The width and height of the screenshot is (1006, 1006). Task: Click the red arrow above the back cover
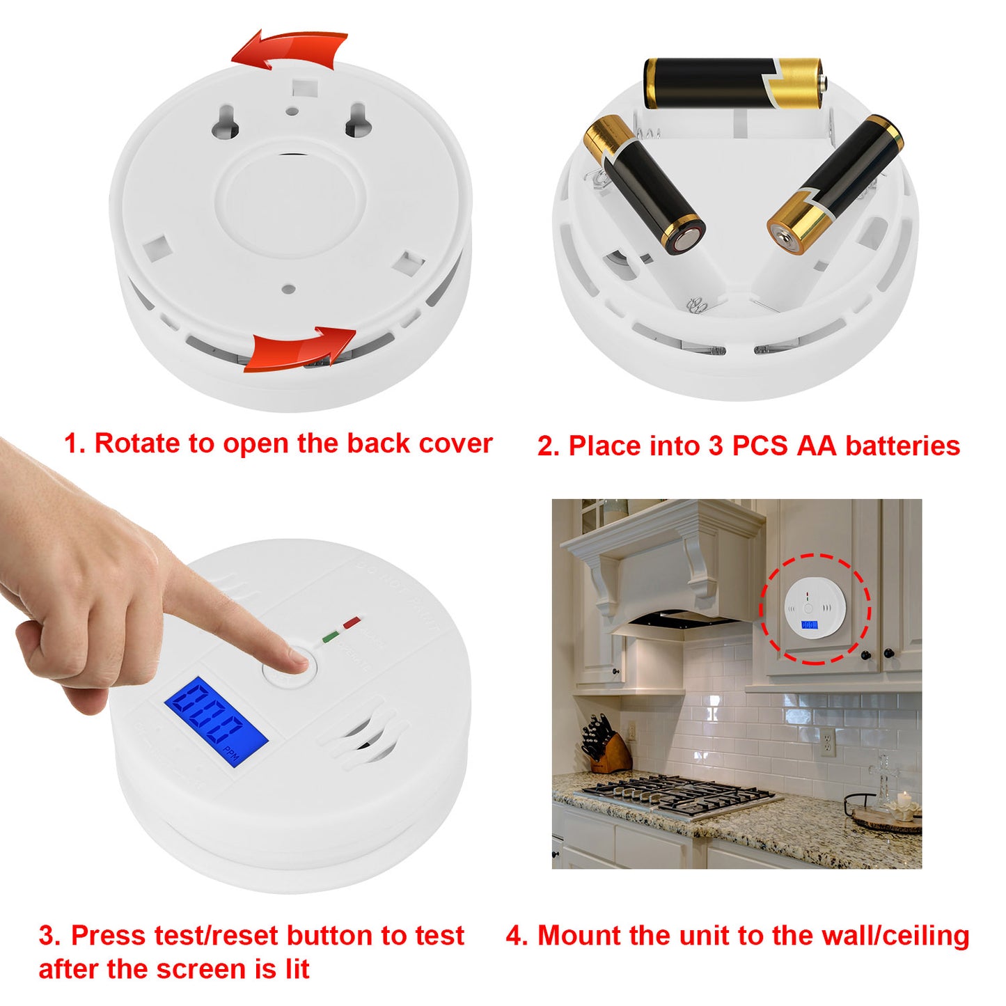tap(289, 50)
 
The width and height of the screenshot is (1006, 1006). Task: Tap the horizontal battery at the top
tap(732, 84)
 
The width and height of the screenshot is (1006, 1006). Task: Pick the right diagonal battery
tap(835, 184)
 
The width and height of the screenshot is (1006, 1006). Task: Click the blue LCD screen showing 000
tap(216, 723)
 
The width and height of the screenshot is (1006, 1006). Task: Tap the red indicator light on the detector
tap(352, 622)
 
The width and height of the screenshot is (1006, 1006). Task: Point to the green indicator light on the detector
tap(330, 635)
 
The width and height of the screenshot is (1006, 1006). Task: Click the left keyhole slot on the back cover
tap(227, 121)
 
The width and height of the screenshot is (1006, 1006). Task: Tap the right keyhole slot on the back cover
tap(356, 120)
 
